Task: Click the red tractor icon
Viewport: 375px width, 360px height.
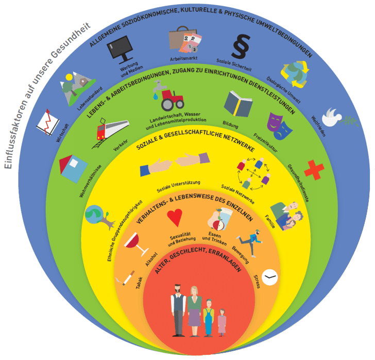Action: pos(172,100)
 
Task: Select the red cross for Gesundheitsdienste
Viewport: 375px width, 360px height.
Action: pos(313,170)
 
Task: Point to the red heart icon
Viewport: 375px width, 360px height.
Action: pos(176,218)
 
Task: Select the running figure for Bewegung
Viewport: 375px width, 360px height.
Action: pos(246,241)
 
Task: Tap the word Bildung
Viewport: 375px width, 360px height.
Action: pos(230,123)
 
